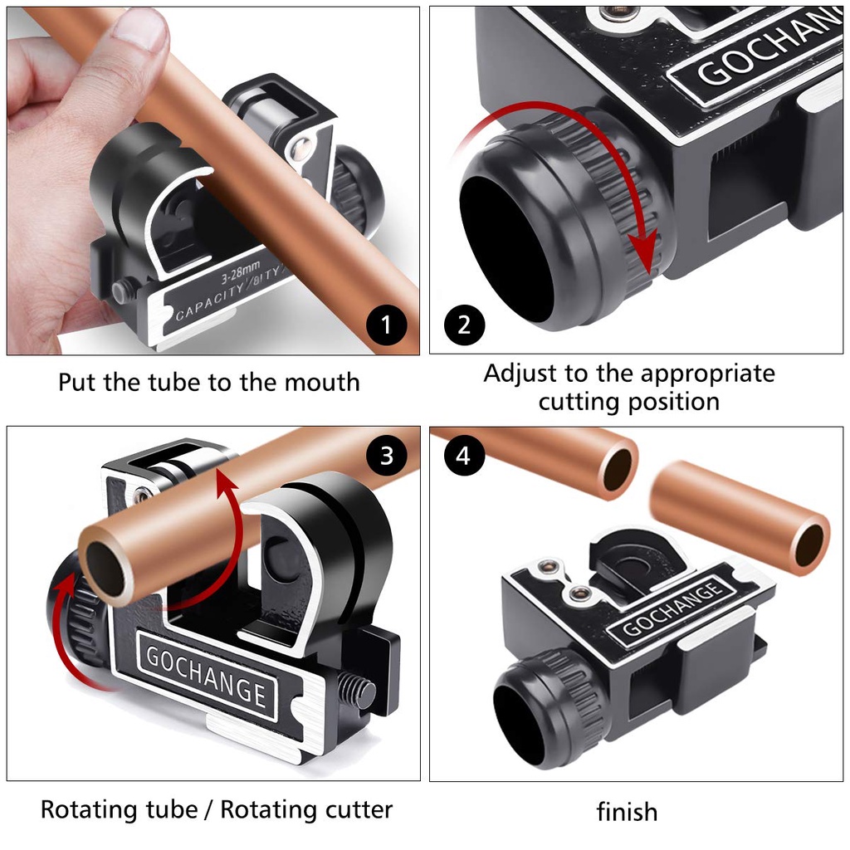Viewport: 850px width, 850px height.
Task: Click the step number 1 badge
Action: pyautogui.click(x=386, y=325)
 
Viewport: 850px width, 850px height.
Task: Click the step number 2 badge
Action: pyautogui.click(x=464, y=325)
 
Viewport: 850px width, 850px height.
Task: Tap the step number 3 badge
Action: pyautogui.click(x=386, y=456)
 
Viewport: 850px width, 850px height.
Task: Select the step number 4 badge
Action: pyautogui.click(x=464, y=456)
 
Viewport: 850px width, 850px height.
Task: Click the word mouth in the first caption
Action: pyautogui.click(x=322, y=382)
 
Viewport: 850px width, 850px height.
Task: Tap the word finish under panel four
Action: pyautogui.click(x=628, y=812)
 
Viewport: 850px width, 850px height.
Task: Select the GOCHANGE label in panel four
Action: pyautogui.click(x=672, y=608)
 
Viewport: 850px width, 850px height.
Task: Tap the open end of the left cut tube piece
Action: pyautogui.click(x=618, y=469)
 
